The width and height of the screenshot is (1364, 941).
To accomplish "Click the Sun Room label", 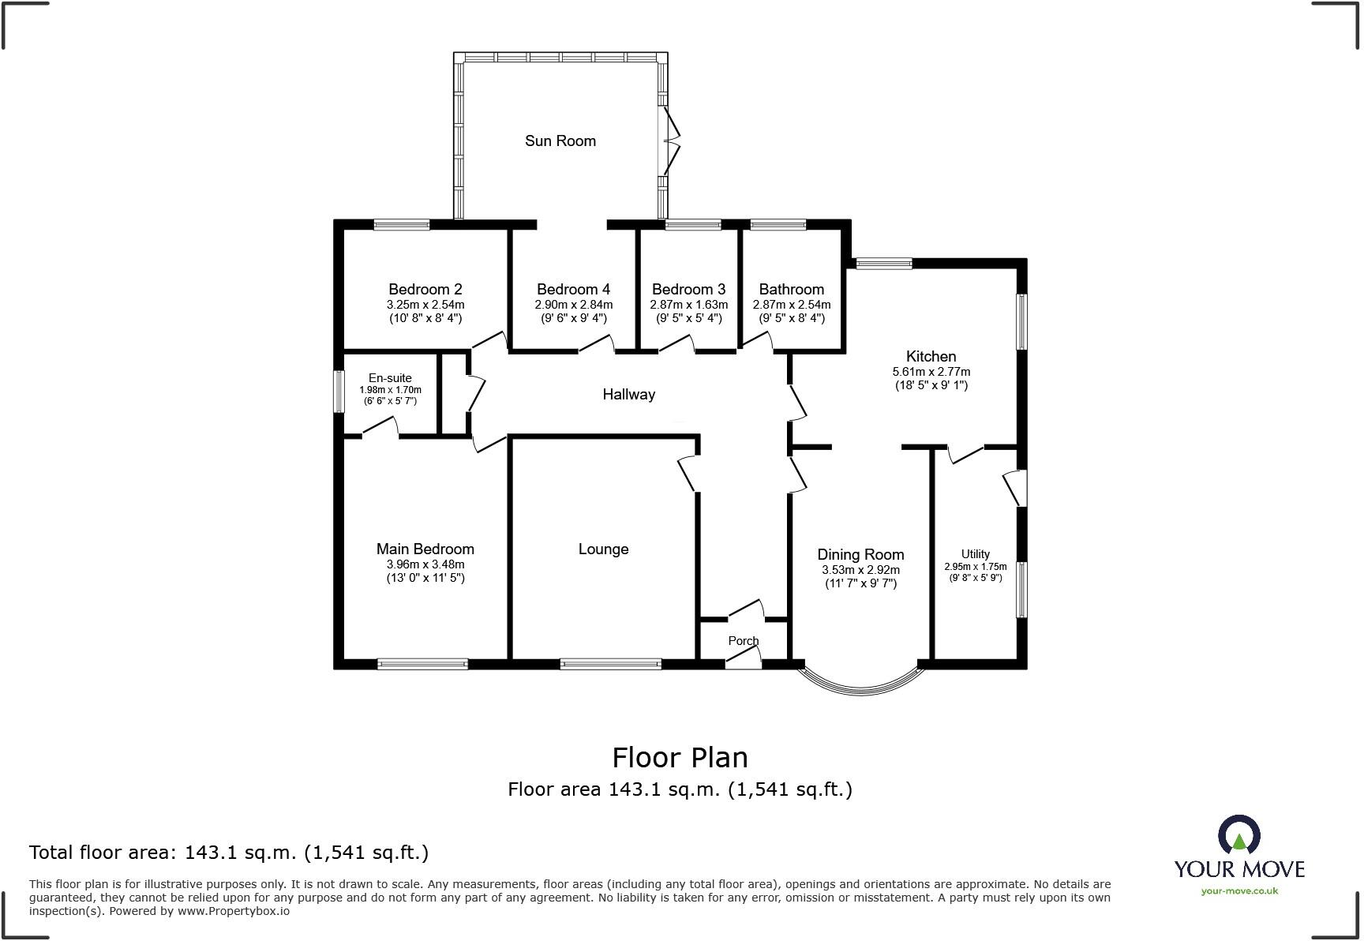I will (x=560, y=141).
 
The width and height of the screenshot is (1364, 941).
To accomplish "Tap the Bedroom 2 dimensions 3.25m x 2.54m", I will (x=425, y=305).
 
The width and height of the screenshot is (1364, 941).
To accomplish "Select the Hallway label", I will (x=628, y=394).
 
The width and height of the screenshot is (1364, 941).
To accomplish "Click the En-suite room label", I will (x=390, y=378).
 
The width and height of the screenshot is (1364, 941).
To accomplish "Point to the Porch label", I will (x=743, y=641).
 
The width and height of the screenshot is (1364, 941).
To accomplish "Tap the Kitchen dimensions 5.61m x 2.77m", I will (x=931, y=372).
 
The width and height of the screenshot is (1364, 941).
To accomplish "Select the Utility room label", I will (x=975, y=554).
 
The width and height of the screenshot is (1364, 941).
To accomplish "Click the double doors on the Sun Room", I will (x=669, y=141).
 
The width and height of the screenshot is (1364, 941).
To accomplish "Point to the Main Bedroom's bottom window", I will (x=422, y=665).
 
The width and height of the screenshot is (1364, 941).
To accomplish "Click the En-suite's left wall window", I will (x=339, y=392).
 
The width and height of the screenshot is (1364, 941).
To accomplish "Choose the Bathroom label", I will (x=791, y=290).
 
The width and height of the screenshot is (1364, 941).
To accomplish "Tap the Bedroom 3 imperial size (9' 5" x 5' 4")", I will (x=688, y=319).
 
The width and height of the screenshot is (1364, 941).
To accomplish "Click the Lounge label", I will (x=603, y=549).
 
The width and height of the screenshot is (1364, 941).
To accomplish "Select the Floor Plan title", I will (x=680, y=758).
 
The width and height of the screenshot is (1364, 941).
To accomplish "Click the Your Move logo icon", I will (x=1238, y=835).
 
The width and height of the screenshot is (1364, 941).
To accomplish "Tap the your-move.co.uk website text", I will (x=1238, y=891).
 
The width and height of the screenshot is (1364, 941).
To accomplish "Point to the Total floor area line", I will (x=229, y=853).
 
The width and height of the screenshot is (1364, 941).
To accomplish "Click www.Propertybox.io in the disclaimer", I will (x=233, y=911).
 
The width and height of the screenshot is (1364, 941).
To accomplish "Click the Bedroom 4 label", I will (x=573, y=290).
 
